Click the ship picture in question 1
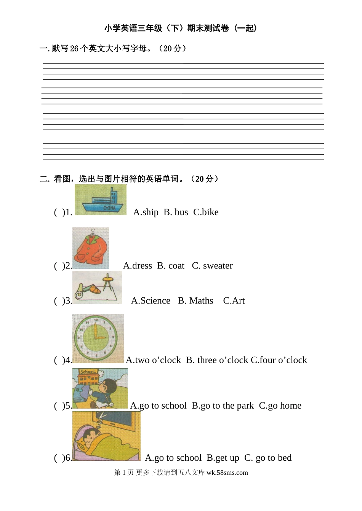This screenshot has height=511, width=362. click(x=100, y=200)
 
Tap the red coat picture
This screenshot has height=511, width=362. click(x=91, y=248)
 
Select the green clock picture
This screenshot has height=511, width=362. click(x=98, y=338)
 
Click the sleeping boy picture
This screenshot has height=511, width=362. click(x=106, y=436)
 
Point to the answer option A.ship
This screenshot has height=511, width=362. click(x=146, y=212)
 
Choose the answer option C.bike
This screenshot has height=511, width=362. click(x=206, y=212)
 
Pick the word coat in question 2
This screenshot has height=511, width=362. click(x=176, y=266)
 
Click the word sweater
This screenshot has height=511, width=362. click(x=218, y=266)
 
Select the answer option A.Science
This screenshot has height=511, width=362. click(x=151, y=301)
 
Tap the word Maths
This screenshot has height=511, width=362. click(x=201, y=301)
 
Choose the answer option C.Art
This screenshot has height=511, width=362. click(x=234, y=301)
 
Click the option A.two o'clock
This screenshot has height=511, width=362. click(x=153, y=360)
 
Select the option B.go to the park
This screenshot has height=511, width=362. click(x=223, y=406)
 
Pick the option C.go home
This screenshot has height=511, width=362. click(x=280, y=406)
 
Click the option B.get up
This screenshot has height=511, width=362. click(x=223, y=458)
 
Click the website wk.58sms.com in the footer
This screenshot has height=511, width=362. click(x=227, y=473)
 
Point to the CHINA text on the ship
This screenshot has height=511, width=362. click(x=109, y=208)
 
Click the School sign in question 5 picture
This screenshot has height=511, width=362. click(x=88, y=372)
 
